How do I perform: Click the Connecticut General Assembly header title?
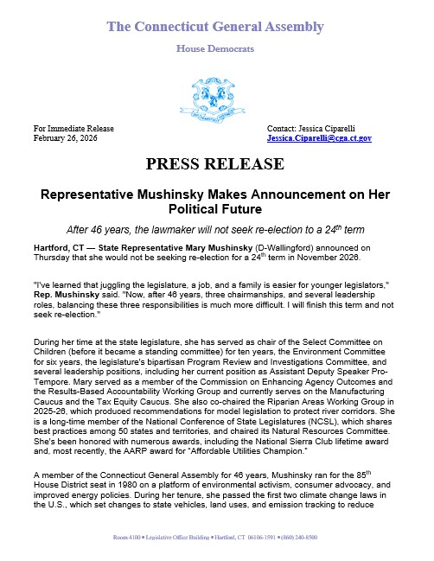click(x=215, y=27)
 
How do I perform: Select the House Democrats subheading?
click(x=215, y=48)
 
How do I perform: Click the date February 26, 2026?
click(x=66, y=138)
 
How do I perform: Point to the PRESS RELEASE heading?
click(x=215, y=163)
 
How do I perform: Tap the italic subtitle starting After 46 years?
click(x=215, y=230)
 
